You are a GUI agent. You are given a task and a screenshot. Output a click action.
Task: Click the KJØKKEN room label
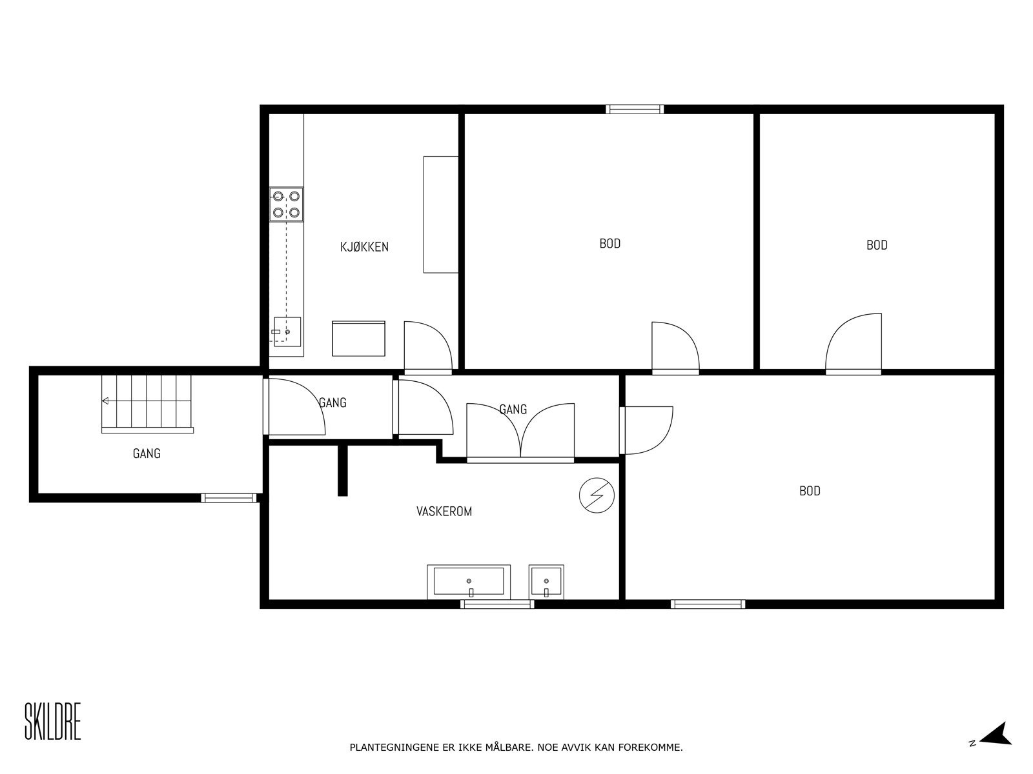[x=364, y=246]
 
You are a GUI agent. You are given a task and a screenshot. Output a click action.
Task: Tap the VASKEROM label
[x=444, y=511]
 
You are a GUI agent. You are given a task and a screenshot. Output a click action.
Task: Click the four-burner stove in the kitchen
[x=286, y=204]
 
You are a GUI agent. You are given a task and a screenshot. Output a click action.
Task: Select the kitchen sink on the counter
[x=287, y=332]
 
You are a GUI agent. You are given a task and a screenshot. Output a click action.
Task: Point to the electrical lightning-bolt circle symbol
[x=597, y=495]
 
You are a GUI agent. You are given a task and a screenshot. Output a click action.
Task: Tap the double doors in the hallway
[x=520, y=431]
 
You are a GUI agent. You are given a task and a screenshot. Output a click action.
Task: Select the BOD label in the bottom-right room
[x=810, y=491]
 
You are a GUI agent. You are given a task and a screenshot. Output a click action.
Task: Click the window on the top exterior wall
[x=635, y=109]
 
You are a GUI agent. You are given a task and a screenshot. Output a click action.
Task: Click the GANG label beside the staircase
[x=147, y=453]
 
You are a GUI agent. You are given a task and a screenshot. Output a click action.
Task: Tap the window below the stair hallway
[x=229, y=498]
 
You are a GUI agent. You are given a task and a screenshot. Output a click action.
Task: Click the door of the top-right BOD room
[x=854, y=343]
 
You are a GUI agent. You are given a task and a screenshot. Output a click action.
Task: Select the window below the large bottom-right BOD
[x=708, y=604]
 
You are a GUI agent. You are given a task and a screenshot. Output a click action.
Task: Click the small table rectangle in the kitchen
[x=359, y=338]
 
